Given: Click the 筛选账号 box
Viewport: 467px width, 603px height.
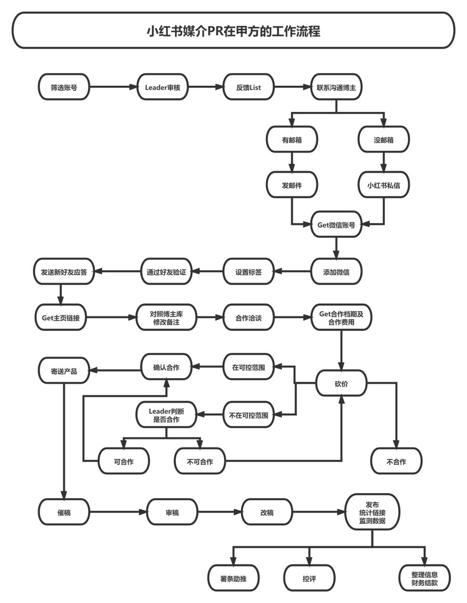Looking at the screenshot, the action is [x=64, y=87].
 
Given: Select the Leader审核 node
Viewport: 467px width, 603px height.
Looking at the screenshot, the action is [x=163, y=87].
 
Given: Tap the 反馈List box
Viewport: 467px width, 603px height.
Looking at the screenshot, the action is [x=249, y=87].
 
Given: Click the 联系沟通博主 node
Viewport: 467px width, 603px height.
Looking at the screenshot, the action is [x=336, y=87].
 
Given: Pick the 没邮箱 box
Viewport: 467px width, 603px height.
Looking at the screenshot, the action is [x=384, y=139].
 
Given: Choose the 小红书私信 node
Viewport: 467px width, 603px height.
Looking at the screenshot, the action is [x=384, y=185].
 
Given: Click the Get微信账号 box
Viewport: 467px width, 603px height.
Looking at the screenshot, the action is [x=336, y=224].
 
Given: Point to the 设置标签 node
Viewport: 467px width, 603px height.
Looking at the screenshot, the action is [x=249, y=271].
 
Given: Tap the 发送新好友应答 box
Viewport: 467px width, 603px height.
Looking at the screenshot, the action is [x=64, y=271].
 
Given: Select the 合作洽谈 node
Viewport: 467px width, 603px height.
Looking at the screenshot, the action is [x=249, y=317].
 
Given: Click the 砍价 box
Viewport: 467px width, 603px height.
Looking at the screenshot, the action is [x=341, y=383].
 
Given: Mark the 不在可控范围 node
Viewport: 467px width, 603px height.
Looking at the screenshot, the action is [x=249, y=415].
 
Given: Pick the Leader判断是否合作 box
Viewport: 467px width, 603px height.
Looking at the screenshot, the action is [x=166, y=415].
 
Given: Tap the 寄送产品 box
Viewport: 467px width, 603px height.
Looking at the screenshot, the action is [x=64, y=370].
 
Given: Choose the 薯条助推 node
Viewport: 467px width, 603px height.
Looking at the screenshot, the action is [x=233, y=578].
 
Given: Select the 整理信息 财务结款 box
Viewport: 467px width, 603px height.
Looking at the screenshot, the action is [x=424, y=578].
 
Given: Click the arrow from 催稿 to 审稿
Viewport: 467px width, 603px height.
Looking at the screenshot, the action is [x=118, y=512].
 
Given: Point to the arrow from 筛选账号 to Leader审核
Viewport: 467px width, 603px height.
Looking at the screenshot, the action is [x=114, y=87].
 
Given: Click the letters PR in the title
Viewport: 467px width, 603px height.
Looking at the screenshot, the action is [x=216, y=31].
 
